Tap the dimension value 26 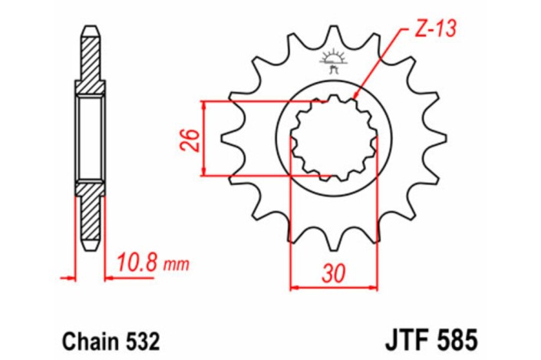193,140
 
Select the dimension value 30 334,273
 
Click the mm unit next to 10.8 176,266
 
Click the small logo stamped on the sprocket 334,61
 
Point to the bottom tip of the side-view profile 89,248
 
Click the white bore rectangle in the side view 89,139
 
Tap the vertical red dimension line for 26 206,140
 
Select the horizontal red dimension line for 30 334,289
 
